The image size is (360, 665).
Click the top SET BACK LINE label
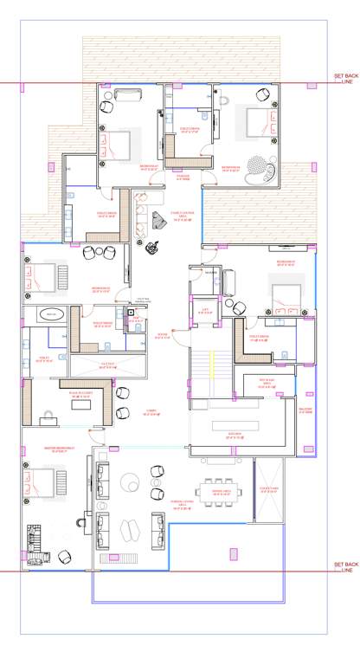pyautogui.click(x=345, y=79)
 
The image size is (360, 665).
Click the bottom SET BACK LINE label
pyautogui.click(x=345, y=567)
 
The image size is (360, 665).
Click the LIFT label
pyautogui.click(x=206, y=308)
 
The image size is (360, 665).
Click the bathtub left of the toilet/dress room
pyautogui.click(x=53, y=313)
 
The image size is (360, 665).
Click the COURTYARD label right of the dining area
pyautogui.click(x=267, y=488)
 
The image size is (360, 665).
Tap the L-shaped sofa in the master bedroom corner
pyautogui.click(x=35, y=543)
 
